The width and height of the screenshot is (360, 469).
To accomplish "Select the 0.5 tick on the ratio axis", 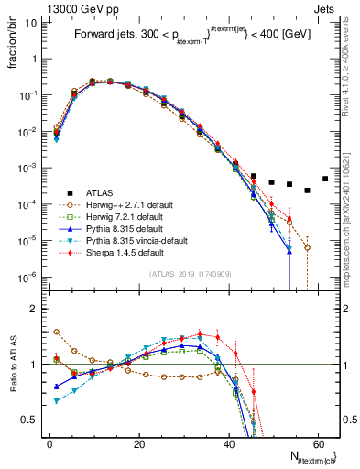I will point(28,420).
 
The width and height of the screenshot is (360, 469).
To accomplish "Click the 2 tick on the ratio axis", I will point(32,309).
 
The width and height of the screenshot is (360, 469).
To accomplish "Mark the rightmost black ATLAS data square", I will point(325,179).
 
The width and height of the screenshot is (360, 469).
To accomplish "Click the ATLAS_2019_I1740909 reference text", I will point(190,275).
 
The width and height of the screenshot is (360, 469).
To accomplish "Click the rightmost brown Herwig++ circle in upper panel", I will point(308,247).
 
